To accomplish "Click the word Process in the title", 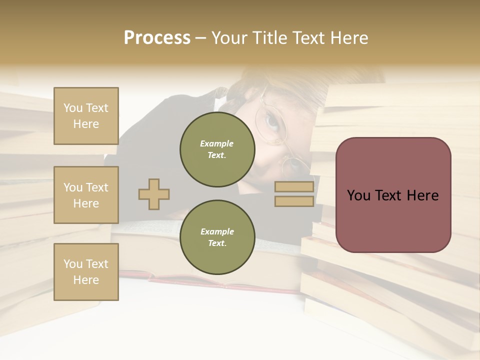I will pos(157,38).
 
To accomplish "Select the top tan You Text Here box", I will pos(86,116).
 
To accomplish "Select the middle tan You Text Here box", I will pos(86,195).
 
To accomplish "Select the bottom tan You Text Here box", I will pos(86,272).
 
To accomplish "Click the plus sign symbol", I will pos(154,194).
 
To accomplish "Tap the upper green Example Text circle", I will pos(217,149).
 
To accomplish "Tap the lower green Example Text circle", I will pos(217,237).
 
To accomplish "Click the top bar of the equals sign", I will pos(294,187).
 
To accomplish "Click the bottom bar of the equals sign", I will pos(294,201).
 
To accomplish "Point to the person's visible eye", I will pos(272,121).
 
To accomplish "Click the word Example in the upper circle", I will pos(217,143).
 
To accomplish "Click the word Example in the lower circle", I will pos(217,231).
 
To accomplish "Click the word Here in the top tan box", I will pos(86,124).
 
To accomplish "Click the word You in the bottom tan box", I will pos(73,264).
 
